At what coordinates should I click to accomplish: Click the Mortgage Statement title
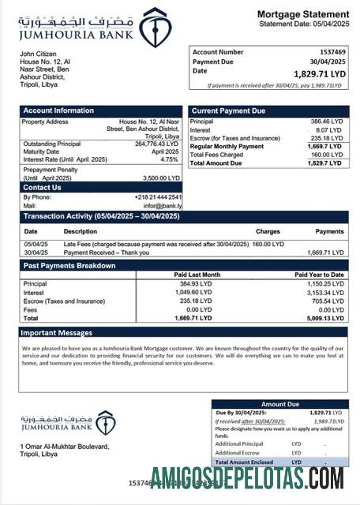pos(302,14)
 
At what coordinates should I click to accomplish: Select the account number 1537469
pos(330,51)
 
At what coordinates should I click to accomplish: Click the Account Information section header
pos(59,110)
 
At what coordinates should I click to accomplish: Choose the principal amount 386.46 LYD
pos(326,122)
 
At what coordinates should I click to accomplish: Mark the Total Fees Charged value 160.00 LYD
pos(326,155)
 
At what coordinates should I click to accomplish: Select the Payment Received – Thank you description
pos(104,252)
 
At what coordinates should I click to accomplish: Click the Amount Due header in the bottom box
pos(280,403)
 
